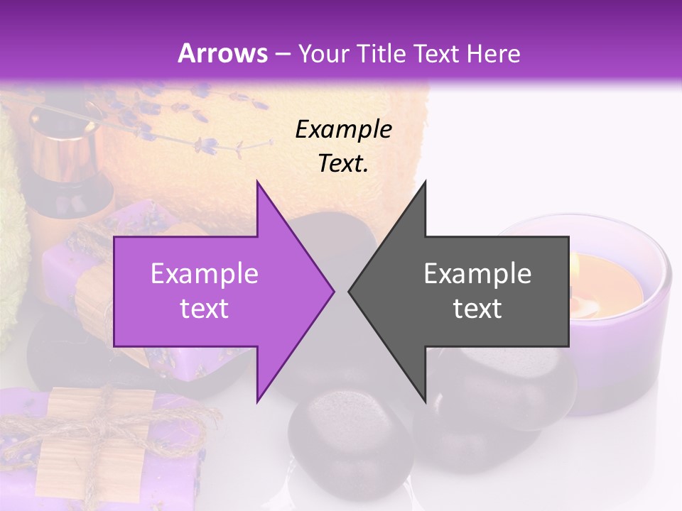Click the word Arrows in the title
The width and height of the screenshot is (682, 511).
222,53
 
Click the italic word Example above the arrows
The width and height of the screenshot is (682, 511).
343,130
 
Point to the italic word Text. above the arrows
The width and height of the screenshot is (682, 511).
343,164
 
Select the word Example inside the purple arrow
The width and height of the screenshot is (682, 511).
204,274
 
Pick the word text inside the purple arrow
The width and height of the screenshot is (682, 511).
204,308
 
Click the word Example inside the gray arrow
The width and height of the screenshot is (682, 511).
477,274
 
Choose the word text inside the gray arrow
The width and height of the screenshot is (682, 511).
477,308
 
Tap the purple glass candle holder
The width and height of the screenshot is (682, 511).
625,355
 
